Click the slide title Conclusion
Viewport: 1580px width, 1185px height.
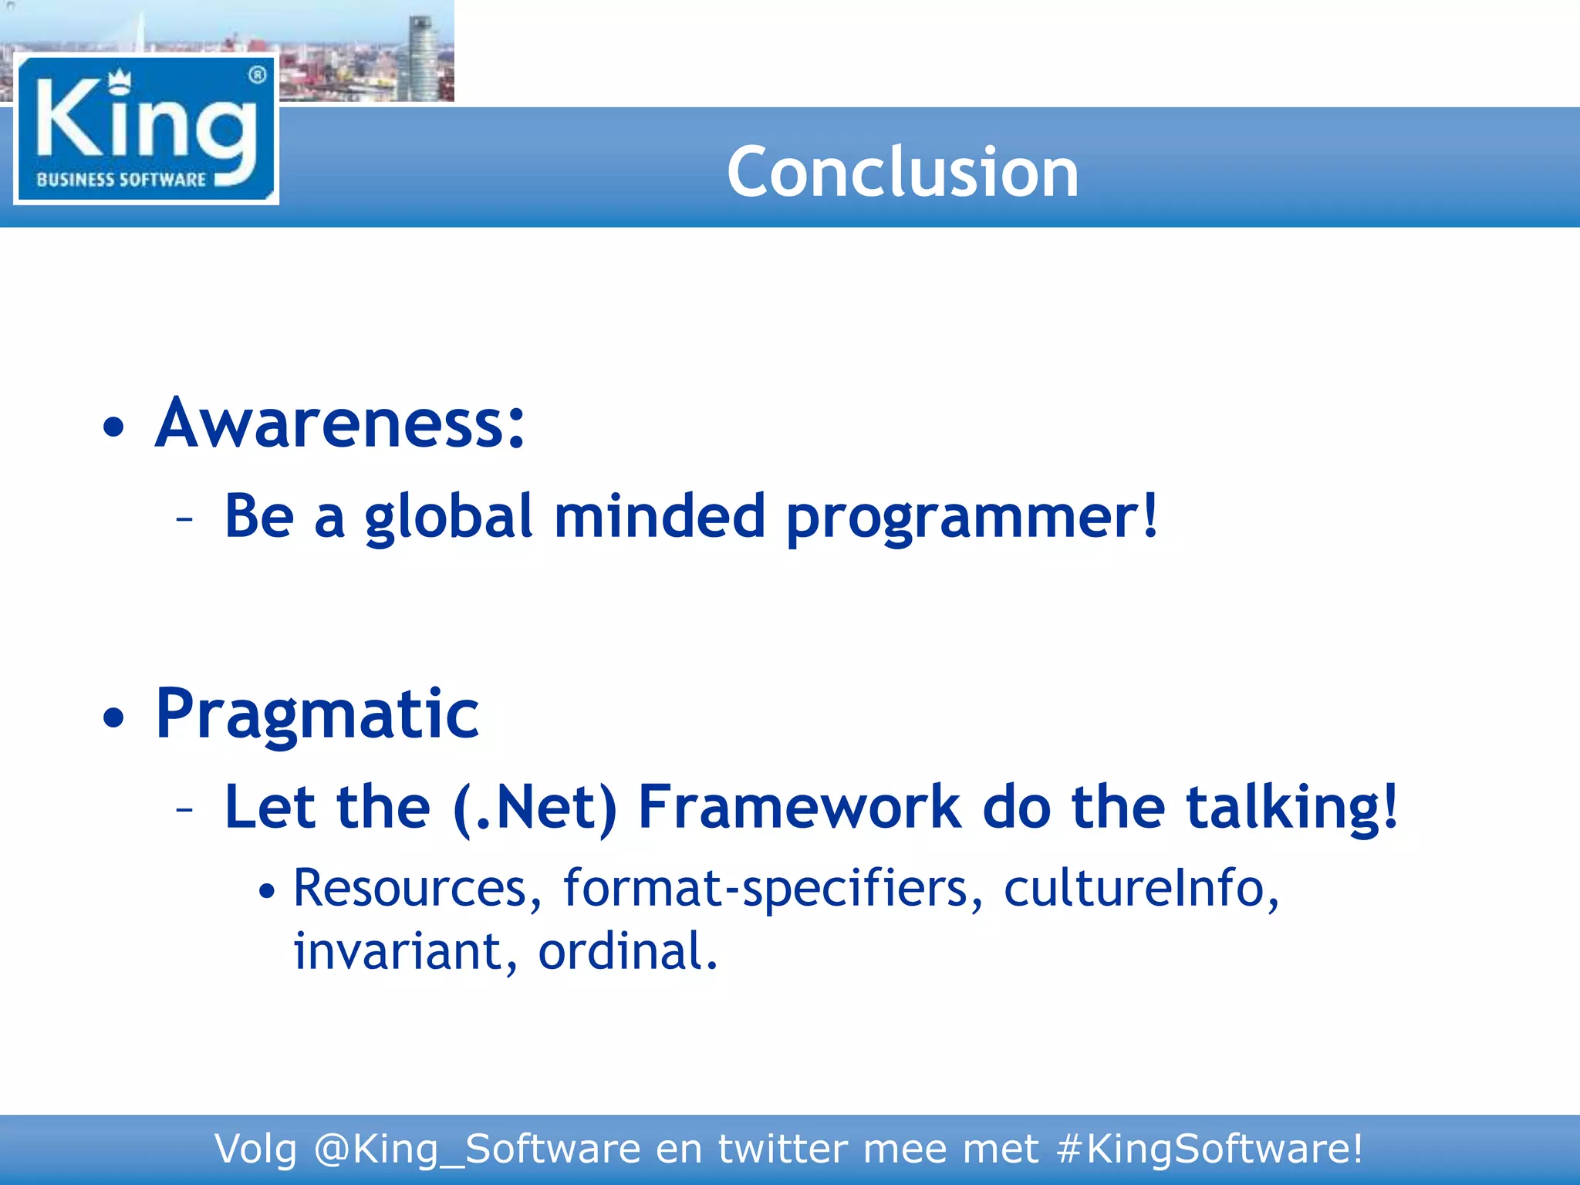[902, 171]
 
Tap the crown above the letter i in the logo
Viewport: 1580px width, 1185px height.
[119, 79]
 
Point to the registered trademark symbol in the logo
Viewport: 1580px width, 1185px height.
[258, 75]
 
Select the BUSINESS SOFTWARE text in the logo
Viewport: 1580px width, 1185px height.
[121, 180]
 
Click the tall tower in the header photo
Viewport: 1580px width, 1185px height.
[421, 58]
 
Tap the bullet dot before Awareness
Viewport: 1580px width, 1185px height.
[113, 427]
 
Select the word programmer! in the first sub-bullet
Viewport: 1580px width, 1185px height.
[972, 517]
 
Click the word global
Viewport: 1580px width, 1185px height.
[448, 517]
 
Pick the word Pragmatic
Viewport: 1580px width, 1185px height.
[317, 715]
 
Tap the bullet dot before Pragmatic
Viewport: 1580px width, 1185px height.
[113, 717]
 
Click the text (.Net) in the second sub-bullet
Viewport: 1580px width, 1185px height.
[535, 808]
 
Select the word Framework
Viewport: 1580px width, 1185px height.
[799, 808]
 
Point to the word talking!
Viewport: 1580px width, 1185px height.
[1291, 808]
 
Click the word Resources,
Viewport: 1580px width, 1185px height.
[417, 889]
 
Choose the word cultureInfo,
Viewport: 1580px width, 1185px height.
[1141, 889]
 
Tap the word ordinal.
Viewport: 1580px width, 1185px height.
[627, 951]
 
